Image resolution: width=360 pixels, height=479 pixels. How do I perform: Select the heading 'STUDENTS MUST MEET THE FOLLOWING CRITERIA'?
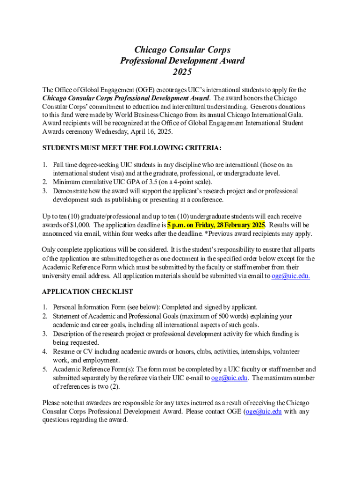tap(132, 148)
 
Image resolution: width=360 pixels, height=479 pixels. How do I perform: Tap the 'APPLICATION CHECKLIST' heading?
tap(87, 291)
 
